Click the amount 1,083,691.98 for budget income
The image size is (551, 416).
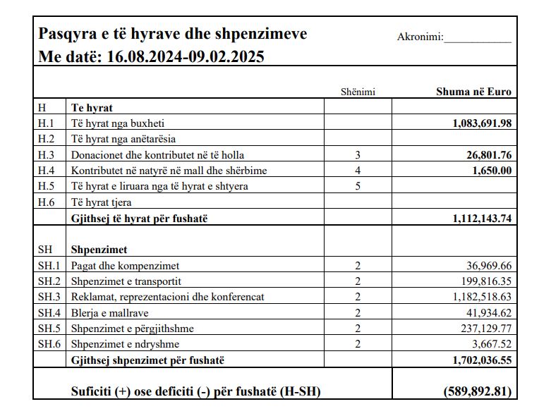(482, 123)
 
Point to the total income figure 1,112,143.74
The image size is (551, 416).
(482, 219)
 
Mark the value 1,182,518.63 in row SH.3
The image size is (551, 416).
(482, 297)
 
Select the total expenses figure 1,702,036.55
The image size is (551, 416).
(482, 360)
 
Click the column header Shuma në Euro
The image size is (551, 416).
(474, 92)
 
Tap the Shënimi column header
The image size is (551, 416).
(358, 92)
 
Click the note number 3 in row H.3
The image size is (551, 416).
(358, 154)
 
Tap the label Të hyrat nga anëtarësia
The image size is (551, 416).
(123, 139)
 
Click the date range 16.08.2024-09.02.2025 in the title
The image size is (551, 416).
(186, 57)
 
